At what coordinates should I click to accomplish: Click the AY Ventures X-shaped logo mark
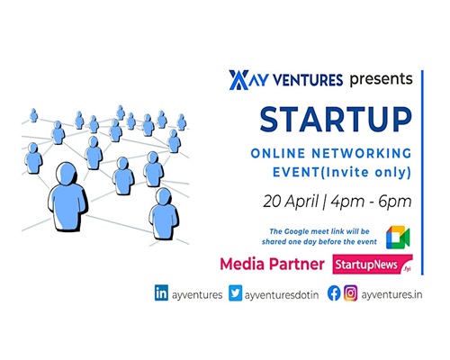pos(238,80)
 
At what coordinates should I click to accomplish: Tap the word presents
pos(381,80)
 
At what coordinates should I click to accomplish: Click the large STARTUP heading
pos(336,120)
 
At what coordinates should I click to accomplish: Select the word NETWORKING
pos(362,153)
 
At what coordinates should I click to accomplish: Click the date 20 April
pos(291,202)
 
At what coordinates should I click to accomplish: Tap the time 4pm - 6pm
pos(371,202)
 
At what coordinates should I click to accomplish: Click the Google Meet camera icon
pos(398,238)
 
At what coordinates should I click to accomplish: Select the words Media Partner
pos(272,265)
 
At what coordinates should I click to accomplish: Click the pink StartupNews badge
pos(373,265)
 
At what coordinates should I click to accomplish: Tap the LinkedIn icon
pos(161,292)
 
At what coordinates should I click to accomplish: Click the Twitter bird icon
pos(235,293)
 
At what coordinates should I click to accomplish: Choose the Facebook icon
pos(334,293)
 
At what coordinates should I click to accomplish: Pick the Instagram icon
pos(350,293)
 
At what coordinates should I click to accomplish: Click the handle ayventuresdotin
pos(282,295)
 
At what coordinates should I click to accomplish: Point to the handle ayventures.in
pos(391,295)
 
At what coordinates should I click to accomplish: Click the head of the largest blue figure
pos(67,174)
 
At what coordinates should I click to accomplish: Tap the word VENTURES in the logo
pos(308,80)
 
